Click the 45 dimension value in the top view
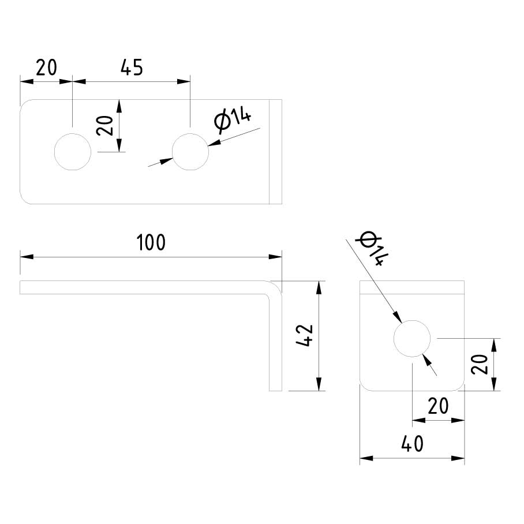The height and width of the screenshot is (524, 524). pyautogui.click(x=131, y=68)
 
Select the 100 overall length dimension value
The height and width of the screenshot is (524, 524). pyautogui.click(x=151, y=242)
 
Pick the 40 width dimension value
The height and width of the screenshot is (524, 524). pyautogui.click(x=412, y=444)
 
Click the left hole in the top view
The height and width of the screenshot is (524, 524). pyautogui.click(x=73, y=152)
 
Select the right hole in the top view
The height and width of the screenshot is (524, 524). pyautogui.click(x=190, y=152)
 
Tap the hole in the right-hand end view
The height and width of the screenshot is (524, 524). pyautogui.click(x=412, y=338)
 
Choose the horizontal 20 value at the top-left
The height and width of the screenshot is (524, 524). pyautogui.click(x=46, y=68)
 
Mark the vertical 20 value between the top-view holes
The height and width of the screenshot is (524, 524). pyautogui.click(x=105, y=125)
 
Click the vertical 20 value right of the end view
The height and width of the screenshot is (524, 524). pyautogui.click(x=480, y=364)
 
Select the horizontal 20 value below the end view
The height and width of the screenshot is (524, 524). pyautogui.click(x=438, y=407)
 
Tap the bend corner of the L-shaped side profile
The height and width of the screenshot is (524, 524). pyautogui.click(x=276, y=286)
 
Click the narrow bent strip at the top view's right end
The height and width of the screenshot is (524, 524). pyautogui.click(x=276, y=152)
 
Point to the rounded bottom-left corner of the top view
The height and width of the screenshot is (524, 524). pyautogui.click(x=25, y=198)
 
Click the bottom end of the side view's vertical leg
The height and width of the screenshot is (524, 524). pyautogui.click(x=276, y=390)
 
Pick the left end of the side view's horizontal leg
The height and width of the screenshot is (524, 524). pyautogui.click(x=21, y=287)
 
